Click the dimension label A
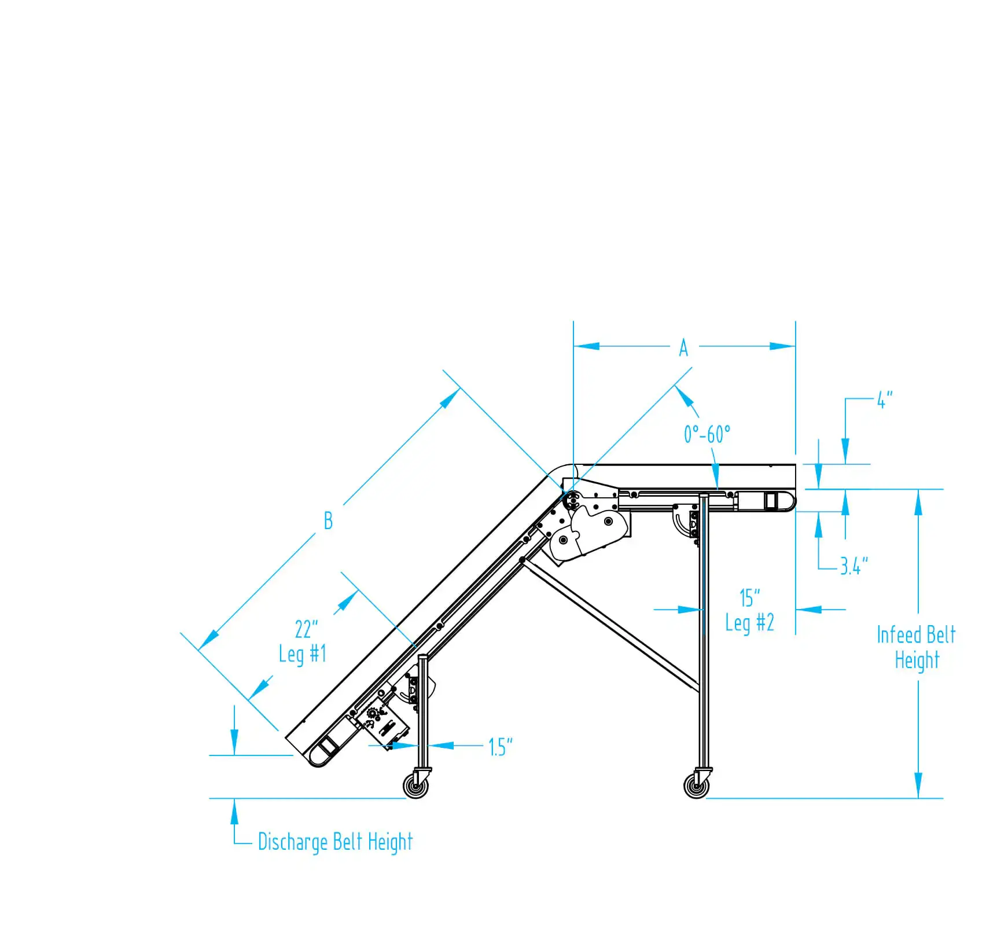pos(683,348)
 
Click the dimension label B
pos(328,520)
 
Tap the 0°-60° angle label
pos(707,434)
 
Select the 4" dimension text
pos(885,399)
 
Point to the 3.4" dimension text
pos(854,566)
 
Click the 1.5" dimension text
pos(501,747)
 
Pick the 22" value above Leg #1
pos(306,629)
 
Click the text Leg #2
pos(749,623)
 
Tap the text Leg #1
pos(303,654)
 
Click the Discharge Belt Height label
pos(335,842)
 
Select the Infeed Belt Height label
pos(916,647)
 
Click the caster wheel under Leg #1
pos(416,786)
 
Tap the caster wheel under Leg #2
pos(696,786)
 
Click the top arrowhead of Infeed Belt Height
pos(918,502)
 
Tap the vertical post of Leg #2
pos(704,637)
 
